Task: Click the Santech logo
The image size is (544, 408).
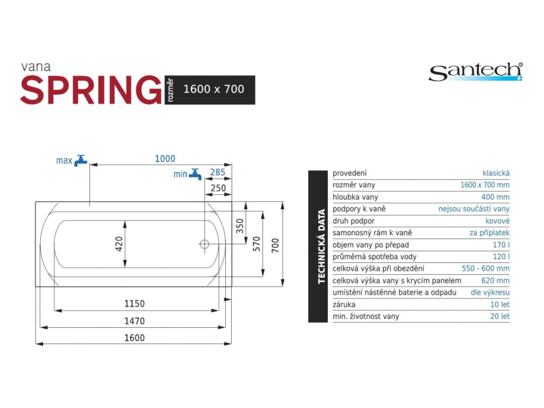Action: click(x=475, y=72)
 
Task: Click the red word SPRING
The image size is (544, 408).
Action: click(x=91, y=90)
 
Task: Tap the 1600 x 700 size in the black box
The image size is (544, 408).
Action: click(x=214, y=89)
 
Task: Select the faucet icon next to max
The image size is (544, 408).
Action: click(x=81, y=160)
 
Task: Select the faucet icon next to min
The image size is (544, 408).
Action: click(x=195, y=174)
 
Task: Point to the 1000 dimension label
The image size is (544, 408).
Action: click(x=165, y=159)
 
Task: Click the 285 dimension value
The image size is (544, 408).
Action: click(x=217, y=173)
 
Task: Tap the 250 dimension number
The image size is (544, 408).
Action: click(x=218, y=188)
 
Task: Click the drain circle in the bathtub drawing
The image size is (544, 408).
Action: click(x=205, y=244)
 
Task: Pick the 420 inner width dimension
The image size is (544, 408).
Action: click(x=119, y=244)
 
